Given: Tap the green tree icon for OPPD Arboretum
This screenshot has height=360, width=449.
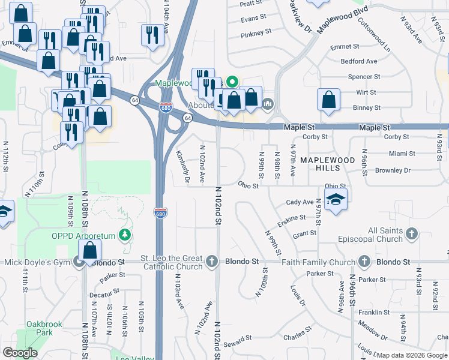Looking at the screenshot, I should pyautogui.click(x=125, y=234).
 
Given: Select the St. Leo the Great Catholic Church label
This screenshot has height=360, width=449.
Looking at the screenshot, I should pyautogui.click(x=172, y=262).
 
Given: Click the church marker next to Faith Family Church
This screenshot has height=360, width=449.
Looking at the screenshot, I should pyautogui.click(x=364, y=262).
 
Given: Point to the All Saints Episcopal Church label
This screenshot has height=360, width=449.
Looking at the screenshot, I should pyautogui.click(x=385, y=235).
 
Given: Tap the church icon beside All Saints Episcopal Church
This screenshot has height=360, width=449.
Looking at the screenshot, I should pyautogui.click(x=412, y=233).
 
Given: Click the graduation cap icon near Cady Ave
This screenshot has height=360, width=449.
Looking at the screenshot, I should pyautogui.click(x=336, y=200).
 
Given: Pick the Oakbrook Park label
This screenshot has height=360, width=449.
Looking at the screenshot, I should pyautogui.click(x=44, y=328).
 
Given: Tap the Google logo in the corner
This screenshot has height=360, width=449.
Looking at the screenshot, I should pyautogui.click(x=20, y=353).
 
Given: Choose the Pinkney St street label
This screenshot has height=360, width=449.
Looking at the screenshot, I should pyautogui.click(x=256, y=35).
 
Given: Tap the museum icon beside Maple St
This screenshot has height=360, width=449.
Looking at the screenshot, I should pyautogui.click(x=268, y=104).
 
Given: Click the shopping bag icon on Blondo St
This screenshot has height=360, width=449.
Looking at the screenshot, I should pyautogui.click(x=89, y=253).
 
